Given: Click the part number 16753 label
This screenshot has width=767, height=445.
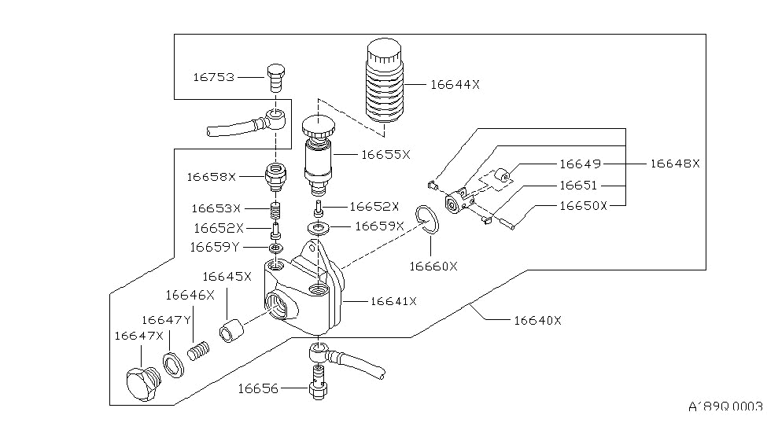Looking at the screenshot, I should (213, 77).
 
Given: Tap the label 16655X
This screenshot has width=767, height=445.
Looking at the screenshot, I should (385, 155).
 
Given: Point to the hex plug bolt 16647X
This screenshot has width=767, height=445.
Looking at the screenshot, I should (142, 384).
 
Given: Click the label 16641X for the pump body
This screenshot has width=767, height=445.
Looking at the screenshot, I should (393, 300).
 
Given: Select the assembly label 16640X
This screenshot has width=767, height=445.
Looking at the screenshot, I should (537, 320).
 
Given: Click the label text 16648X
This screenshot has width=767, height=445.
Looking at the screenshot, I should (674, 164).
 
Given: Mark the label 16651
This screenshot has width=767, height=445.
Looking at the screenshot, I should (578, 186).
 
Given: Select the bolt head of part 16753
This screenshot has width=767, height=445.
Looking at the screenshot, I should (275, 77).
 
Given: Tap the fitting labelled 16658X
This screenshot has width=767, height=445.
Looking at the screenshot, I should (275, 176).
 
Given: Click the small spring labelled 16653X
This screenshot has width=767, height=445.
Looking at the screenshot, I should (275, 211).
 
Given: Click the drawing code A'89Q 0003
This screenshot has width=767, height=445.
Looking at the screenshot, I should (725, 408).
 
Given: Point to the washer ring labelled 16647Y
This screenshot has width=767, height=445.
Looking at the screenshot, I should (172, 366).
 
